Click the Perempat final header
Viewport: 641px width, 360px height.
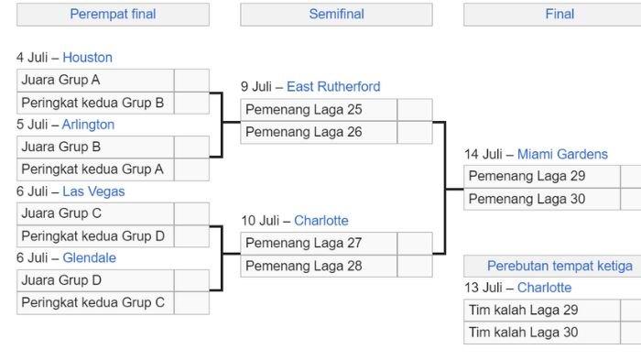pyautogui.click(x=113, y=15)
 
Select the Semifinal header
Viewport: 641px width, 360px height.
pyautogui.click(x=336, y=15)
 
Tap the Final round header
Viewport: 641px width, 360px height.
pyautogui.click(x=560, y=15)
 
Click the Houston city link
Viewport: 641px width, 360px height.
pyautogui.click(x=87, y=58)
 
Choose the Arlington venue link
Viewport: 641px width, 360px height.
pyautogui.click(x=88, y=125)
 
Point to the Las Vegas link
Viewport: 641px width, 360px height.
pyautogui.click(x=93, y=191)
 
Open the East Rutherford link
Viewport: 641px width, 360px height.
pyautogui.click(x=333, y=87)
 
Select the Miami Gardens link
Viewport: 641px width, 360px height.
pyautogui.click(x=562, y=154)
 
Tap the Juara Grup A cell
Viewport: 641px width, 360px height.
pyautogui.click(x=95, y=81)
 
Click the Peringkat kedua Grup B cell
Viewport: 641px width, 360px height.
pyautogui.click(x=95, y=103)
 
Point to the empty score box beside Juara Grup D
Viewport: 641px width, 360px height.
pyautogui.click(x=191, y=280)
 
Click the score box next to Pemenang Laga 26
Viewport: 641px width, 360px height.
pyautogui.click(x=415, y=132)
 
